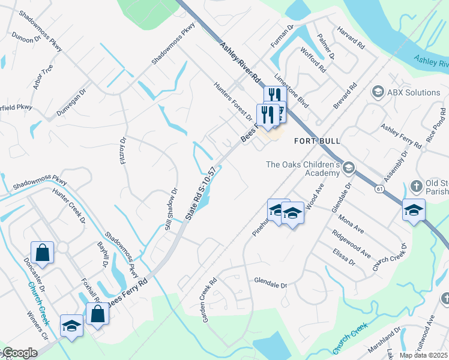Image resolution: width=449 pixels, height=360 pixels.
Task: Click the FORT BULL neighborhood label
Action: [x=318, y=141]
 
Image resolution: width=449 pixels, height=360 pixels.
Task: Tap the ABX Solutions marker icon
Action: [x=378, y=92]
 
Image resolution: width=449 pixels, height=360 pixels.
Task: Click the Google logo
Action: [x=19, y=353]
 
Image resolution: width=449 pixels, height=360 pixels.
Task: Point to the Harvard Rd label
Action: [x=351, y=37]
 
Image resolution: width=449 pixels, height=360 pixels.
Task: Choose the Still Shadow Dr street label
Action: [x=172, y=209]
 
